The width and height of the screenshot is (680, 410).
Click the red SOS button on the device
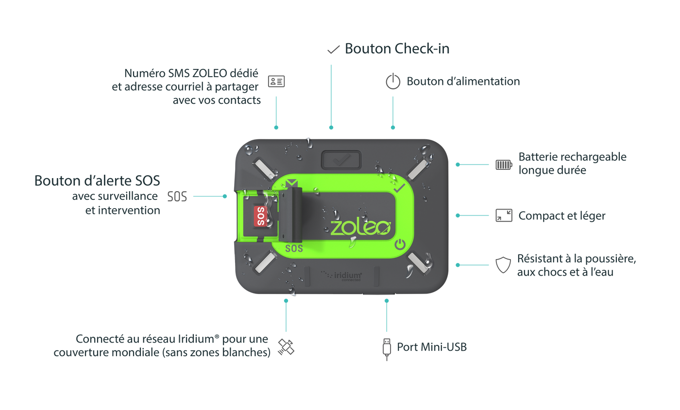click(260, 215)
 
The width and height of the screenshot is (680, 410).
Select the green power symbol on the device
click(400, 244)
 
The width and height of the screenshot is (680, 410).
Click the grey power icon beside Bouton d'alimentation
click(393, 81)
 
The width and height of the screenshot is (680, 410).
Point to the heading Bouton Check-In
click(397, 49)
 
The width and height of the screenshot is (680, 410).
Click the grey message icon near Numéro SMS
click(276, 81)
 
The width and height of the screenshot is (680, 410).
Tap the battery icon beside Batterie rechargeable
click(504, 164)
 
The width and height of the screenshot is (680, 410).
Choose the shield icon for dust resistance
click(503, 265)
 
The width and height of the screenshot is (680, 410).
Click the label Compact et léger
click(561, 215)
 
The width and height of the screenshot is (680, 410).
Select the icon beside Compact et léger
click(504, 215)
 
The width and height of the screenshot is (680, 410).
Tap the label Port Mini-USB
click(432, 347)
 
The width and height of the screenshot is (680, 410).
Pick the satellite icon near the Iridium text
click(286, 346)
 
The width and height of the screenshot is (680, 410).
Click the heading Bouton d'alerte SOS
click(97, 180)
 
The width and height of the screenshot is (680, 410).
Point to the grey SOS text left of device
click(177, 197)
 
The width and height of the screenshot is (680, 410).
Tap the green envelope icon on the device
click(292, 182)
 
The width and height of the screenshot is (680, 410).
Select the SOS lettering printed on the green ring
click(294, 249)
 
